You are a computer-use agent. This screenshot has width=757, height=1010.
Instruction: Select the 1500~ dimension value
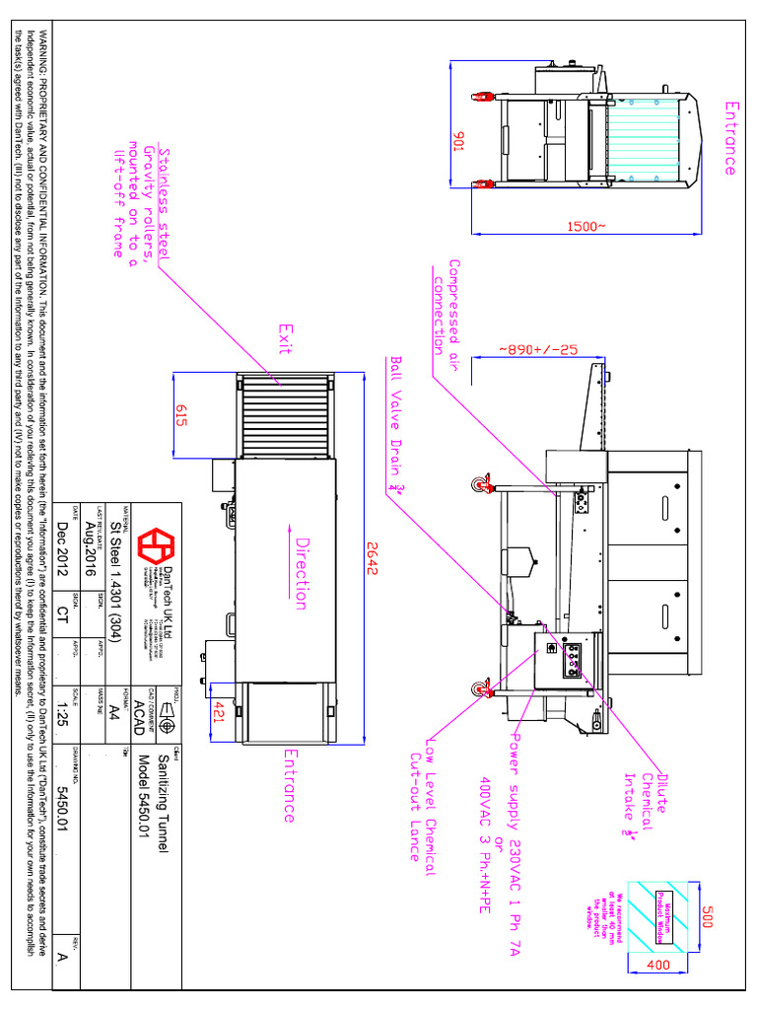click(586, 227)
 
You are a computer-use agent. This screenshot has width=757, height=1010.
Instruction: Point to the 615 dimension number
click(181, 415)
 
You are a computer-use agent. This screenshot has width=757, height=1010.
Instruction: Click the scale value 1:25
click(63, 713)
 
